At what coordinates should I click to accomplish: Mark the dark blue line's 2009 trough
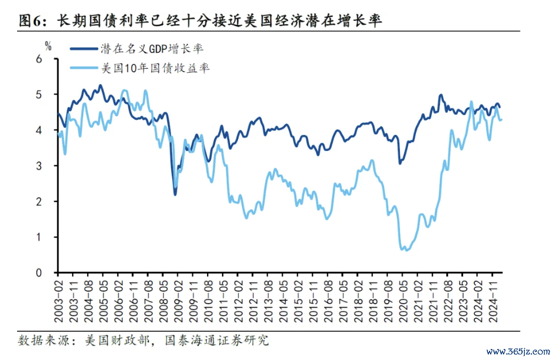coord(175,194)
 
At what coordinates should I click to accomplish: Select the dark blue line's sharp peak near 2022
coord(441,95)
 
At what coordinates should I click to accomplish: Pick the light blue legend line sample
coord(84,69)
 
